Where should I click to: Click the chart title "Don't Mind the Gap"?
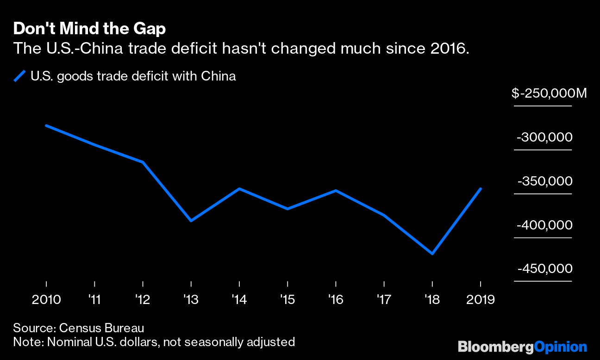tap(89, 29)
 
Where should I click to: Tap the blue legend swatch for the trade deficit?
tap(19, 76)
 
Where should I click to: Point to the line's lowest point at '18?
tap(432, 254)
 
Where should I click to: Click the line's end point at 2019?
tap(481, 189)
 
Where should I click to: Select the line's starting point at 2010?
tap(46, 126)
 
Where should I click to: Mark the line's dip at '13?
tap(191, 220)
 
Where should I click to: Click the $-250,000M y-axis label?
tap(549, 93)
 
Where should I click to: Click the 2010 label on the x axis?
tap(46, 300)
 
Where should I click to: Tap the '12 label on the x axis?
tap(142, 300)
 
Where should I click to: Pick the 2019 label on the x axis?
tap(480, 300)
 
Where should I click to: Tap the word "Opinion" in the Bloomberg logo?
tap(560, 347)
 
